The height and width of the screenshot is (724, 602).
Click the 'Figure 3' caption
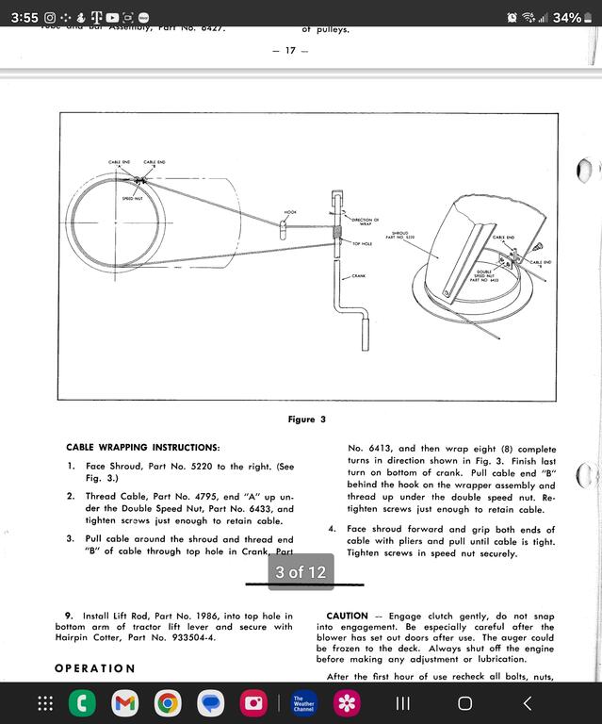307,420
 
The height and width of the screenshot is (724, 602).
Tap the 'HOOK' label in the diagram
290,212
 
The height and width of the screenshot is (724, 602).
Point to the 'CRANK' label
358,276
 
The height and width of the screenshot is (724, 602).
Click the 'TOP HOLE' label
363,243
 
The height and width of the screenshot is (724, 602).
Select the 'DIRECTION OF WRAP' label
365,222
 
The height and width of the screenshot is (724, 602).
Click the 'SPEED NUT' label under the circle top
133,199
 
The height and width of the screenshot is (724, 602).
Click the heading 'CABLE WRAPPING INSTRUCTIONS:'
142,447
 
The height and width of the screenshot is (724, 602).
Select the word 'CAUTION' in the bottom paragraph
347,616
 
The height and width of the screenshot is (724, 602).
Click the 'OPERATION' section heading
94,668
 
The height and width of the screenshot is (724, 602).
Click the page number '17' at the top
290,50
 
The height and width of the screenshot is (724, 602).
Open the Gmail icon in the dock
125,703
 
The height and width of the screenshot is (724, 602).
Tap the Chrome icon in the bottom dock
169,703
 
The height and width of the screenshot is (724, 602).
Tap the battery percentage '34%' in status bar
567,18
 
